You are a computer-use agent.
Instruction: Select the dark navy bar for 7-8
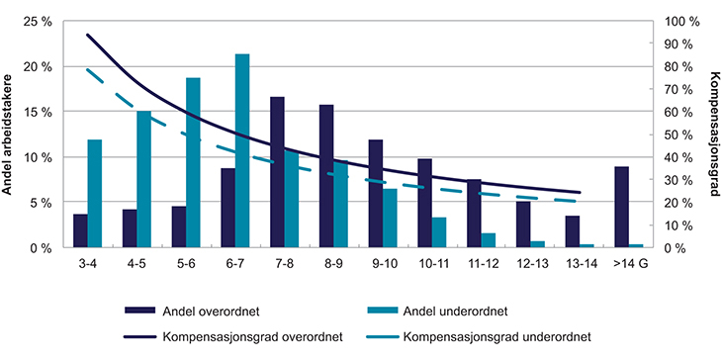277,172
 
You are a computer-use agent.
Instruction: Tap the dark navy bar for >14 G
621,207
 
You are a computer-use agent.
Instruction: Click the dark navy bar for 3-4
80,230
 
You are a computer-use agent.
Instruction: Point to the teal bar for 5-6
193,162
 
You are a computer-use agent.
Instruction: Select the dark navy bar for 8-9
326,176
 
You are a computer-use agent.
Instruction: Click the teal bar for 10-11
439,232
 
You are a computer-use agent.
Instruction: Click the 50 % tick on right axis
674,135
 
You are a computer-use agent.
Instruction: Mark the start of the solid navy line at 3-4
87,35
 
